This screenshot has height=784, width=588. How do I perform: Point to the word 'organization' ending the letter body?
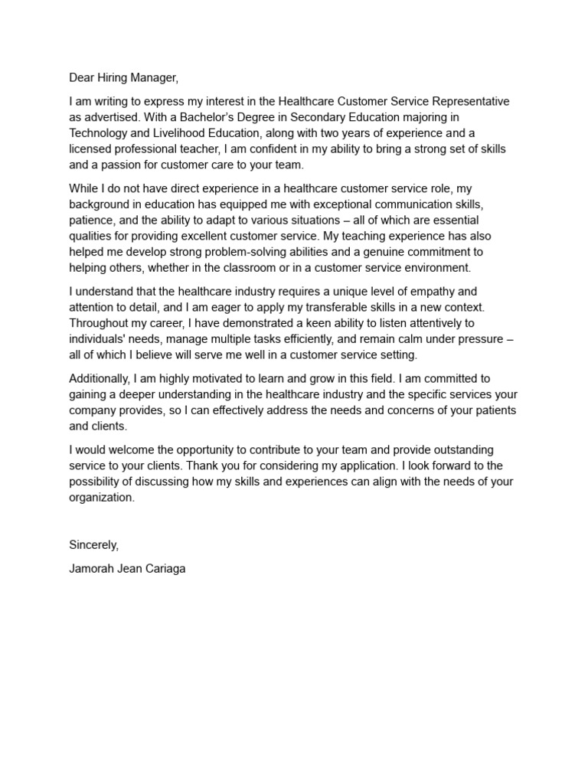click(x=100, y=497)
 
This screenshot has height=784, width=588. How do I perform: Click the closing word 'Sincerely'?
click(x=93, y=545)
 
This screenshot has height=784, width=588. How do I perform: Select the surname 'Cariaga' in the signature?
click(x=163, y=570)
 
